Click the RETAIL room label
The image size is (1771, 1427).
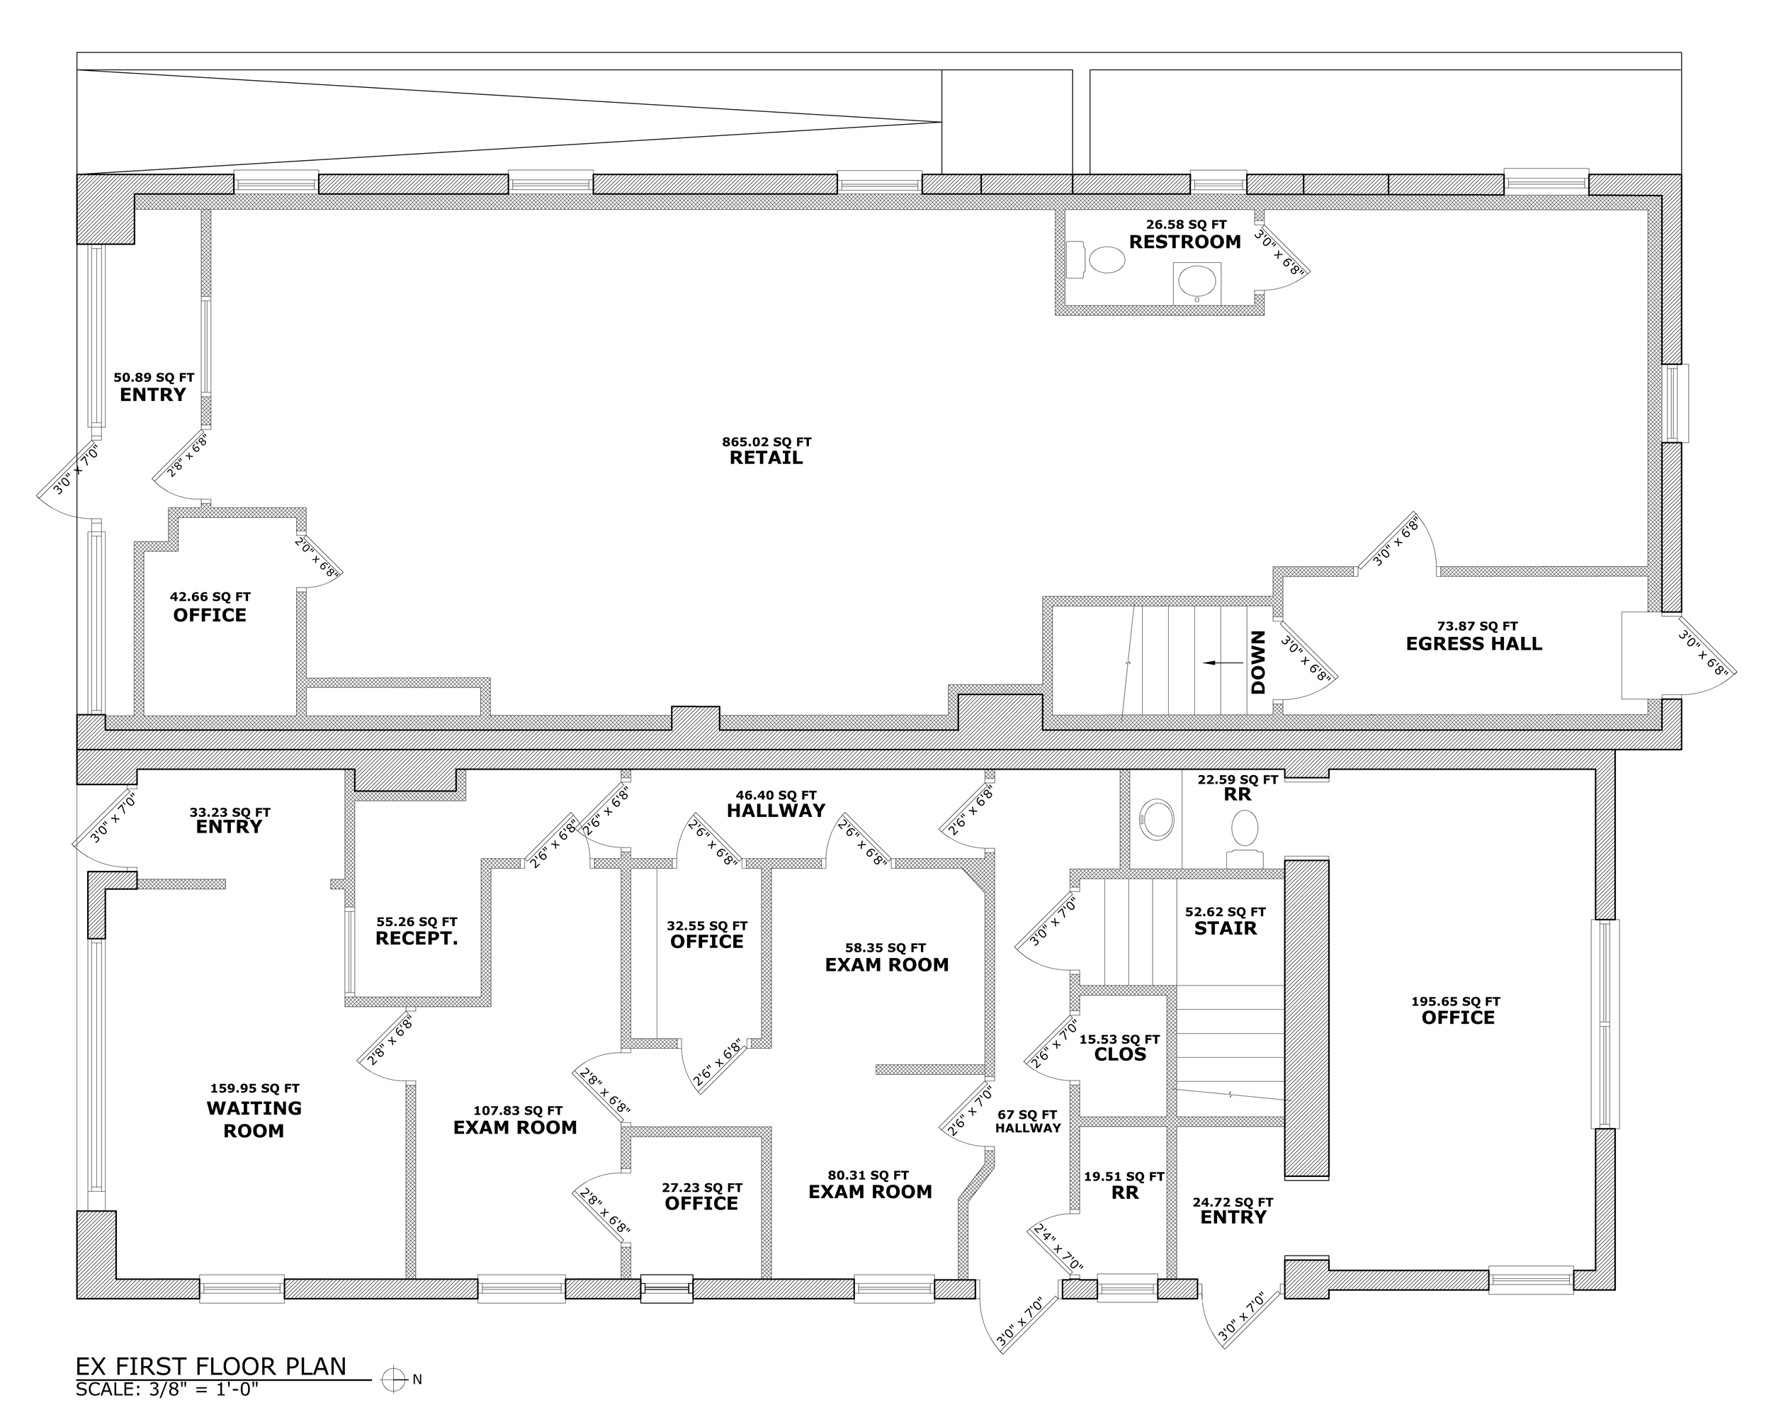click(x=765, y=458)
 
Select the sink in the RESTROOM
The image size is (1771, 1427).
click(x=1196, y=282)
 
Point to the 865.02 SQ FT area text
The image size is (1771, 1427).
click(x=766, y=442)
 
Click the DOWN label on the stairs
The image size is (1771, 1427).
click(x=1258, y=662)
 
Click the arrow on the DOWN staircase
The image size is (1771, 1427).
click(x=1223, y=662)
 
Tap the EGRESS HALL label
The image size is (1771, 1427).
click(x=1473, y=643)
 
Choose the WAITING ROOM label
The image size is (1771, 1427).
click(x=254, y=1119)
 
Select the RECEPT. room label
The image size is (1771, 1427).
click(x=417, y=939)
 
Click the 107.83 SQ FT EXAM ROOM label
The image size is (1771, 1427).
click(x=515, y=1128)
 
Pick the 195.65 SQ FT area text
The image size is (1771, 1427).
click(x=1456, y=1001)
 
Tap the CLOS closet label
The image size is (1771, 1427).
click(x=1119, y=1054)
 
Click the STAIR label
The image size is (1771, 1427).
click(x=1225, y=928)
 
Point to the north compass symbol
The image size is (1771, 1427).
click(x=395, y=1380)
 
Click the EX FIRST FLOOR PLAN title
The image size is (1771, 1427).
click(x=211, y=1366)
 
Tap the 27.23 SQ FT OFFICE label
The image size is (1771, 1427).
click(x=701, y=1203)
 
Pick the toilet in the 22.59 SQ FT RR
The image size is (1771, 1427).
click(x=1244, y=835)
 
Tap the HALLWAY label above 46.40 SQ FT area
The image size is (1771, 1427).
click(x=775, y=811)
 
